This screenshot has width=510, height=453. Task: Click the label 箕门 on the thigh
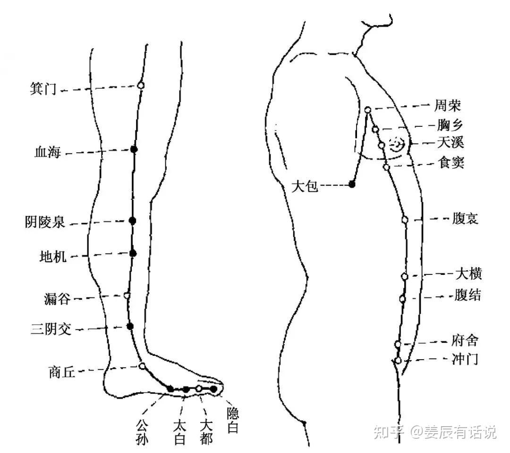[43, 88]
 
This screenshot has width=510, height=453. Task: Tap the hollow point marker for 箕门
[141, 85]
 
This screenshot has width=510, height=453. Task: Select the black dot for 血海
[134, 149]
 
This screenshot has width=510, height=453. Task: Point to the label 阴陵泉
[45, 222]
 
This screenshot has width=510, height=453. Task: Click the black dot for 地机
[133, 253]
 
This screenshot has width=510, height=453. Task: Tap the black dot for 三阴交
[130, 326]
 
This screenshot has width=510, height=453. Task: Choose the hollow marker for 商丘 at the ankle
[142, 366]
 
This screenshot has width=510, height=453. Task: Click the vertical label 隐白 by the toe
[233, 420]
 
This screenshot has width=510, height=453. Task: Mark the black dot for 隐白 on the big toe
[213, 389]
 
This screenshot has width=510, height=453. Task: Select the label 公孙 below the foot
[142, 432]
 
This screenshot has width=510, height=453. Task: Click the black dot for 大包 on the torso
[352, 184]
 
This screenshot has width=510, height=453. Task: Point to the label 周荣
[448, 106]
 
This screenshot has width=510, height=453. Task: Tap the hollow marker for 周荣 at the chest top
[368, 110]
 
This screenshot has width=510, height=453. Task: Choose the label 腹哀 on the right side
[465, 219]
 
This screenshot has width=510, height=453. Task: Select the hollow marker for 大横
[405, 276]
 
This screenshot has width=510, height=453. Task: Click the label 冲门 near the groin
[465, 359]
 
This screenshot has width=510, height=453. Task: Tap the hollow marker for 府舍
[398, 344]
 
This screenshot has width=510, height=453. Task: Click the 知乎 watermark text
[389, 432]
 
